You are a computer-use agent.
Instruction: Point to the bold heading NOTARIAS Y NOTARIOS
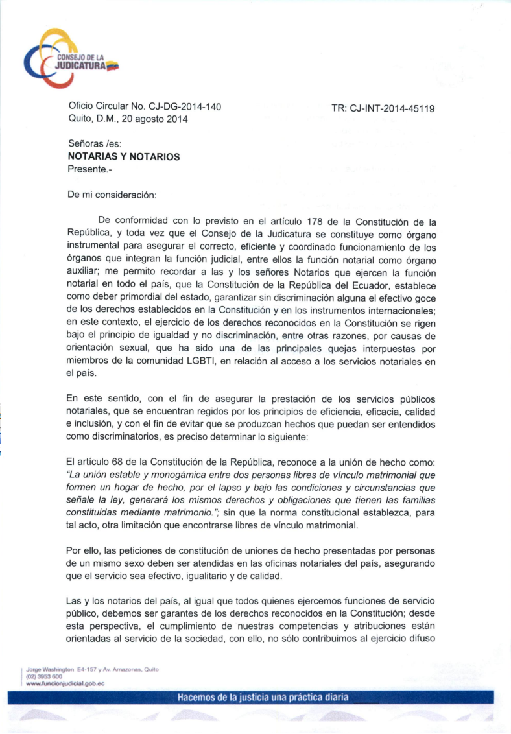click(124, 156)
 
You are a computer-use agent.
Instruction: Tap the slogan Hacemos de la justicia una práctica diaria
click(263, 698)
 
